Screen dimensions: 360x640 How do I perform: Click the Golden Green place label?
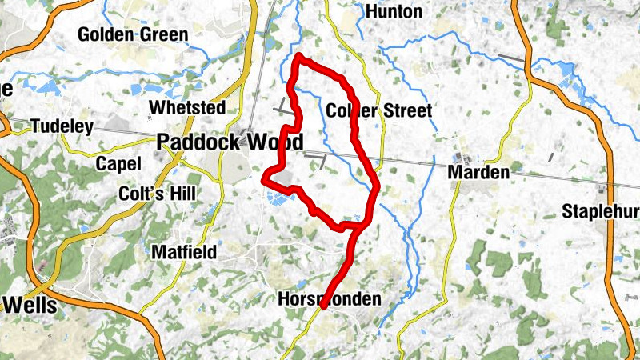pyautogui.click(x=133, y=34)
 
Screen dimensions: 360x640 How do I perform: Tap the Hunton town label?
pyautogui.click(x=393, y=11)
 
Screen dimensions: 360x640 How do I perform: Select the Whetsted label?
pyautogui.click(x=186, y=108)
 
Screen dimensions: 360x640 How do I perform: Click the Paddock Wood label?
pyautogui.click(x=230, y=142)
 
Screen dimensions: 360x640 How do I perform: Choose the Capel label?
pyautogui.click(x=118, y=164)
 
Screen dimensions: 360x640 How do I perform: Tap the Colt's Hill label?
pyautogui.click(x=156, y=194)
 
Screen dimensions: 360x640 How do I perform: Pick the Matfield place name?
pyautogui.click(x=183, y=253)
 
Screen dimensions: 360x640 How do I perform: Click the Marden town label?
pyautogui.click(x=479, y=173)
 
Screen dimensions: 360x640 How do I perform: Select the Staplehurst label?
pyautogui.click(x=600, y=212)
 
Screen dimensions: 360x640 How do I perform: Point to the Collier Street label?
pyautogui.click(x=379, y=110)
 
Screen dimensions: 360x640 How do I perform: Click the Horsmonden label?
pyautogui.click(x=329, y=299)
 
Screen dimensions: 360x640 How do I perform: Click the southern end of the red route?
pyautogui.click(x=322, y=306)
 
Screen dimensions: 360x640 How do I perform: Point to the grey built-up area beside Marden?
pyautogui.click(x=463, y=158)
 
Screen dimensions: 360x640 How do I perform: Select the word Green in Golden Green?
pyautogui.click(x=162, y=34)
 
